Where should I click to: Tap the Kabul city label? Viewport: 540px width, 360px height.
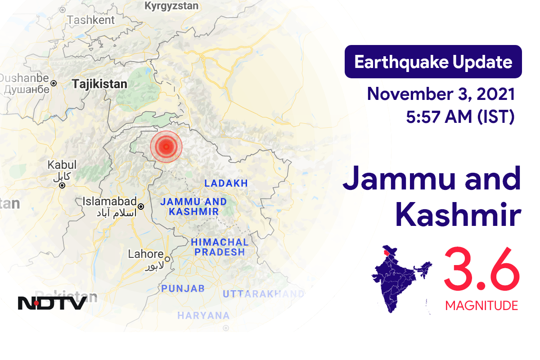(62, 165)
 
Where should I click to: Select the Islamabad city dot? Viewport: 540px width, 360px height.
(141, 207)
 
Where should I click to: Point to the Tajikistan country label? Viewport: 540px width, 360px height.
(99, 84)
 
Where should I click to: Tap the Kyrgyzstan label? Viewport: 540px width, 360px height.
(171, 6)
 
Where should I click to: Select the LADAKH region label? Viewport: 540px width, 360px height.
(226, 183)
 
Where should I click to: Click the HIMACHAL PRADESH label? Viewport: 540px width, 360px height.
(220, 247)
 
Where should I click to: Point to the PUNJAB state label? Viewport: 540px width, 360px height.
(183, 288)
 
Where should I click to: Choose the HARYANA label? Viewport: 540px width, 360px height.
(203, 315)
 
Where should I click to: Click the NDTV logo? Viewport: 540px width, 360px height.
(52, 303)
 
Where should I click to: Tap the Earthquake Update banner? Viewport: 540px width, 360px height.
(433, 62)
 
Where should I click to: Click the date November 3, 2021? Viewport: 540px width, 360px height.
(441, 94)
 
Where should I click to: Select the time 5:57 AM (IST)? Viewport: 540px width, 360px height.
(460, 117)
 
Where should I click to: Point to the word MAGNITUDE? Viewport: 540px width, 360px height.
(481, 306)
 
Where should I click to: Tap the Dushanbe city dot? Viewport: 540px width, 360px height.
(54, 83)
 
